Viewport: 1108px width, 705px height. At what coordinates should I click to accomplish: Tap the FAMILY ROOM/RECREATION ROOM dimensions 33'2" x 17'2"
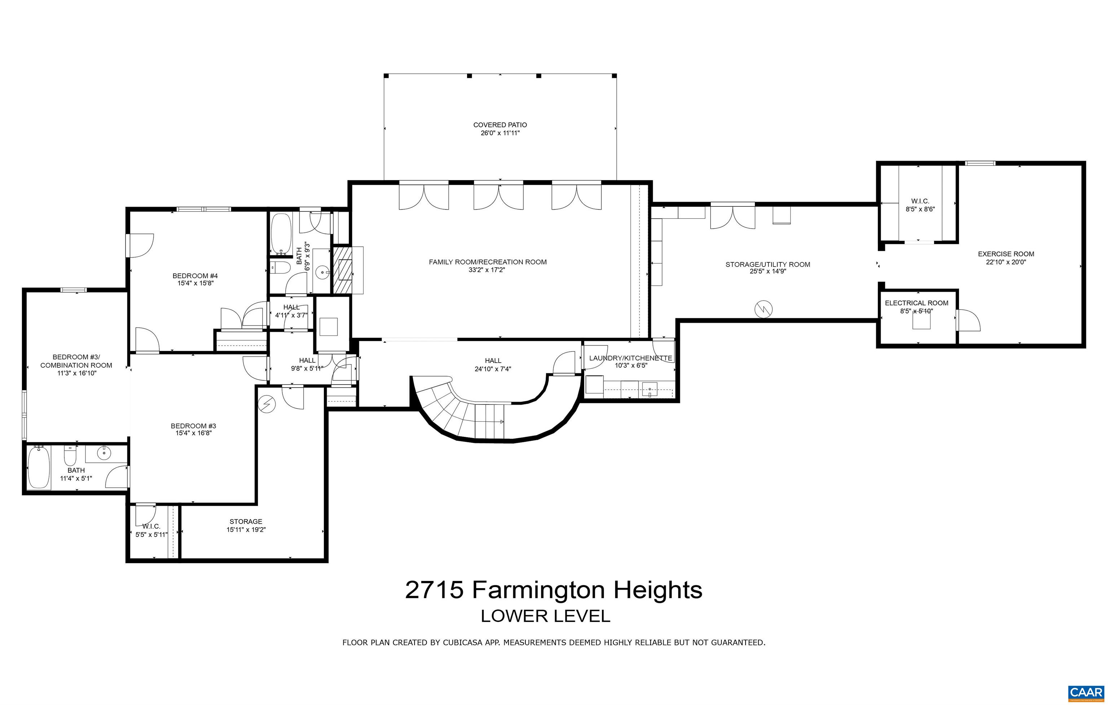click(487, 270)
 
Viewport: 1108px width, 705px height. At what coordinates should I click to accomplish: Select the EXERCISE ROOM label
click(1006, 254)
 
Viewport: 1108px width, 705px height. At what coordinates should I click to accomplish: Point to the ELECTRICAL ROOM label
click(916, 303)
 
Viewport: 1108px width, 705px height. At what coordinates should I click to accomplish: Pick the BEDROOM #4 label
click(195, 276)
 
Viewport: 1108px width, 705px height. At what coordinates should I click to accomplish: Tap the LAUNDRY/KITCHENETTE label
click(630, 358)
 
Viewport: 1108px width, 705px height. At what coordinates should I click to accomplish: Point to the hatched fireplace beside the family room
click(342, 270)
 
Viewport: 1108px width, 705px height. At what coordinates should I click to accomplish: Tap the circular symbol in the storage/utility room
click(763, 309)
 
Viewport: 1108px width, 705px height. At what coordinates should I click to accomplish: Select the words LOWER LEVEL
click(545, 616)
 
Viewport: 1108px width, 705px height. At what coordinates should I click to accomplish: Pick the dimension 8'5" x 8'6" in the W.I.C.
click(920, 209)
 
